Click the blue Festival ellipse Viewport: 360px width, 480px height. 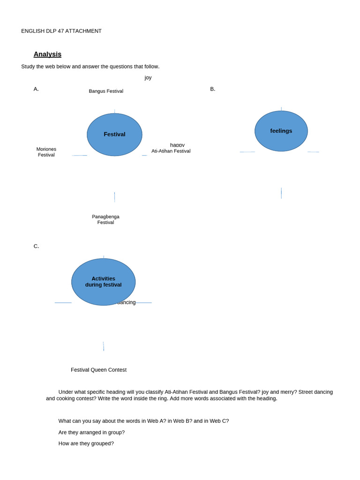tap(114, 135)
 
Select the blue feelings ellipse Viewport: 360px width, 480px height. tap(281, 131)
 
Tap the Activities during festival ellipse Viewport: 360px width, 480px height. tap(103, 282)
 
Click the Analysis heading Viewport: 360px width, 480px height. tap(47, 54)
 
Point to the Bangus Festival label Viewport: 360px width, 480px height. tap(106, 91)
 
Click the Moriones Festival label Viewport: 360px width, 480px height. tap(46, 152)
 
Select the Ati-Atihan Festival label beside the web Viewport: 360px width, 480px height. tap(171, 151)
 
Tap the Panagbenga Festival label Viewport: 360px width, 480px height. tap(105, 219)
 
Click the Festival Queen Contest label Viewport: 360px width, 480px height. tap(98, 370)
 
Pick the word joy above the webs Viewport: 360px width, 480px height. tap(148, 78)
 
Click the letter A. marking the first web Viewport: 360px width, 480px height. tap(36, 89)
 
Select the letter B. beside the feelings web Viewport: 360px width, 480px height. tap(213, 89)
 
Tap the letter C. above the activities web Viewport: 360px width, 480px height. tap(36, 246)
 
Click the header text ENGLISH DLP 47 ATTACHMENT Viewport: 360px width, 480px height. tap(61, 31)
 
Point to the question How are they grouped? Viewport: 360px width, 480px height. tap(86, 443)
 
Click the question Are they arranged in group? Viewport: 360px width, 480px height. tap(91, 432)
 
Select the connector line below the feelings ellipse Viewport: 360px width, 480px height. tap(281, 193)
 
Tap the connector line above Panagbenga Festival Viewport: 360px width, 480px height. tap(114, 197)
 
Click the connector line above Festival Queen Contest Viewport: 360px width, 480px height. tap(104, 346)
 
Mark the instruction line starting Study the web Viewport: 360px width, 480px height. tap(90, 67)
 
